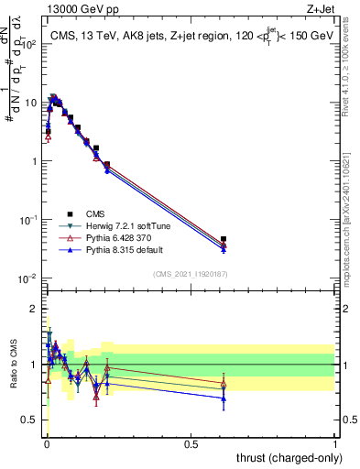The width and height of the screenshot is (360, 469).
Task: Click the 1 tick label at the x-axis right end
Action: (x=334, y=444)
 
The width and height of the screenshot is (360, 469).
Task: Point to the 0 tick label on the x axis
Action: (x=46, y=444)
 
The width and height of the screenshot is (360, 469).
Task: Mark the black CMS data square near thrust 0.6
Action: (x=224, y=239)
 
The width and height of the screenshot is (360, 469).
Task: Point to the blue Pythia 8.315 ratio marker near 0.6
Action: (x=224, y=398)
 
